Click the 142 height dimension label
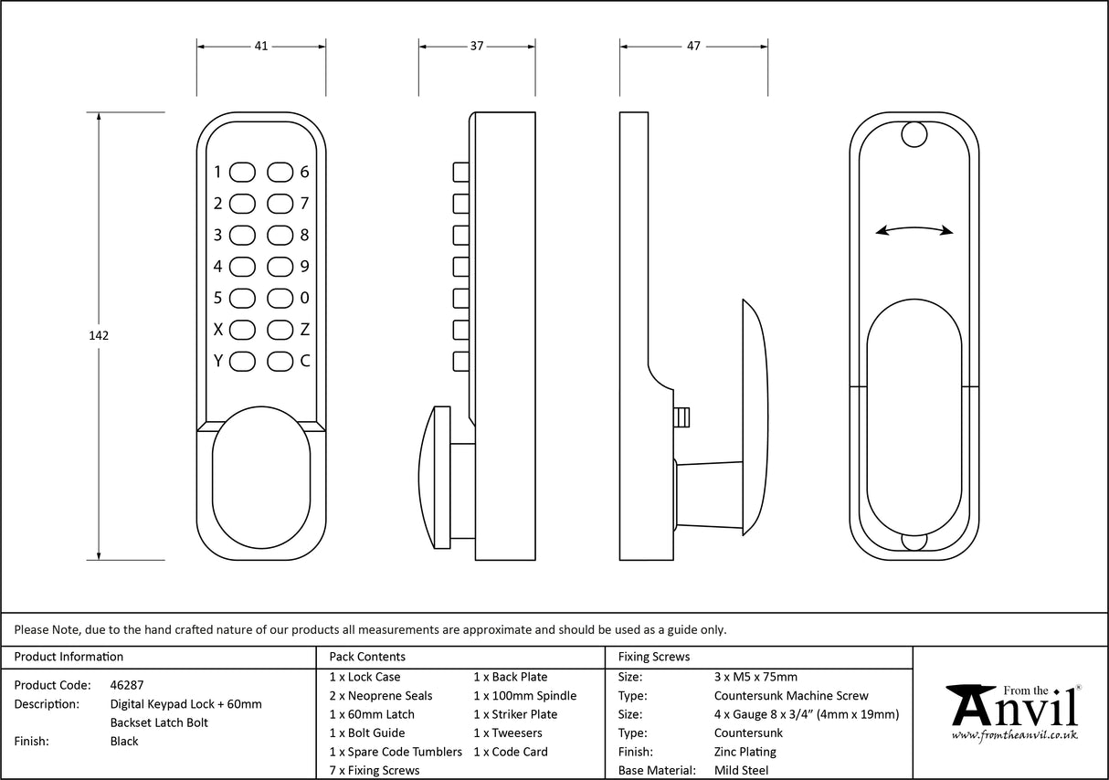point(99,335)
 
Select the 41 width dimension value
point(261,46)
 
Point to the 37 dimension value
point(476,46)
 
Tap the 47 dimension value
point(693,46)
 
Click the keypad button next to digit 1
point(242,172)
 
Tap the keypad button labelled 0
point(280,298)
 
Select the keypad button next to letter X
point(242,329)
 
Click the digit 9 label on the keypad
point(305,267)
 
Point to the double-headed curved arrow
point(914,230)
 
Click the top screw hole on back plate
point(914,135)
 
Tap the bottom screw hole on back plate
point(914,541)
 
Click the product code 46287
point(126,684)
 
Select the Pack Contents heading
point(367,657)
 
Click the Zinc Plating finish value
point(745,752)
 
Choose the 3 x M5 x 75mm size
point(755,677)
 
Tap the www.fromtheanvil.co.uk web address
point(1014,734)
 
